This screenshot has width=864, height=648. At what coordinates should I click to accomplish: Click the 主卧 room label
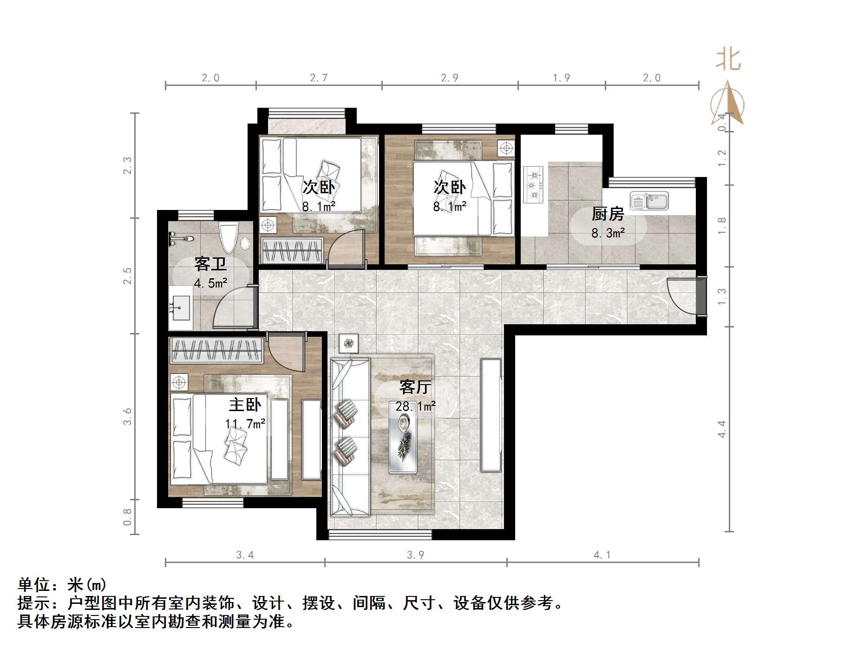[245, 405]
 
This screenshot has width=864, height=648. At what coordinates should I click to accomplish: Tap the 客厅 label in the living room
[415, 387]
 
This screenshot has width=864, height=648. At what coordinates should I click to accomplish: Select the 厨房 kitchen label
[607, 214]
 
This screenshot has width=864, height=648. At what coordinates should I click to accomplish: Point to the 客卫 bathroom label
[210, 264]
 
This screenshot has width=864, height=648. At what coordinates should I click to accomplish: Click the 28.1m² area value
[415, 406]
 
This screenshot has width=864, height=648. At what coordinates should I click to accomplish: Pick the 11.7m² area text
[245, 424]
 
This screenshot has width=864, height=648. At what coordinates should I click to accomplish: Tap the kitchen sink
[649, 202]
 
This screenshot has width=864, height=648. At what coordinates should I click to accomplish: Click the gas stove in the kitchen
[533, 185]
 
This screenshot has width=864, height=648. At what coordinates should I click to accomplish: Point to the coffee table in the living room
[403, 444]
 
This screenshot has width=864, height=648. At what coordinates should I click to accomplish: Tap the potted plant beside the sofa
[348, 344]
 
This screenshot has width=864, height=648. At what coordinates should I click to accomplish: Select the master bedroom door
[286, 353]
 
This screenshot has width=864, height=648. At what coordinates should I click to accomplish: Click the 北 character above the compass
[727, 60]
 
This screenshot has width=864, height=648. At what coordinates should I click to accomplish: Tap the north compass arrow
[727, 105]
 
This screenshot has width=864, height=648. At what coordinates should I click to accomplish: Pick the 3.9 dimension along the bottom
[415, 555]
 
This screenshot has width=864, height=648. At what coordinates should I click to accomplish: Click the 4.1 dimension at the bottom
[602, 555]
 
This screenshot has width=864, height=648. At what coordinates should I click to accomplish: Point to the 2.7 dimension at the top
[319, 78]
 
